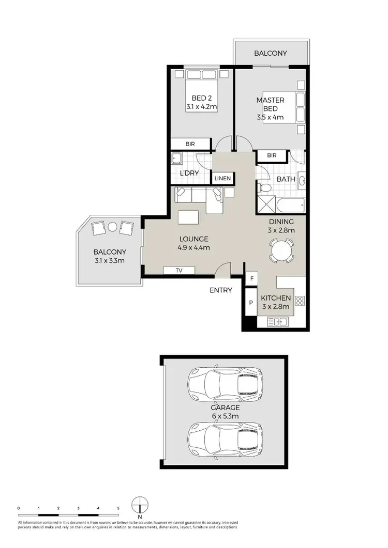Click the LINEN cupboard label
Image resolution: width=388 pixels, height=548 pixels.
click(x=223, y=178)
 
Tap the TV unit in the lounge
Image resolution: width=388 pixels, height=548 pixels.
click(x=178, y=270)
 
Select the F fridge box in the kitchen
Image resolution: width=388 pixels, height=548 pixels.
click(x=251, y=279)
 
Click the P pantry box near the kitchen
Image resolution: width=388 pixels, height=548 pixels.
click(x=251, y=303)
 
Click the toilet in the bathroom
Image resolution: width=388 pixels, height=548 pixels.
click(x=265, y=189)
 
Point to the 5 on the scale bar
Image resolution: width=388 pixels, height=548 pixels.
click(x=118, y=508)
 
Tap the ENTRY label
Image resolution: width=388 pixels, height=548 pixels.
click(x=221, y=290)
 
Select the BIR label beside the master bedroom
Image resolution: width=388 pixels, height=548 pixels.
click(x=272, y=155)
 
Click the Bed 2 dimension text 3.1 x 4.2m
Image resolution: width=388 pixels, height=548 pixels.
click(x=202, y=107)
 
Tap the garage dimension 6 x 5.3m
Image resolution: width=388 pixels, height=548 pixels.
click(x=224, y=416)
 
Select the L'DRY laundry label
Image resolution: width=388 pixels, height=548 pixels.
click(x=189, y=173)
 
